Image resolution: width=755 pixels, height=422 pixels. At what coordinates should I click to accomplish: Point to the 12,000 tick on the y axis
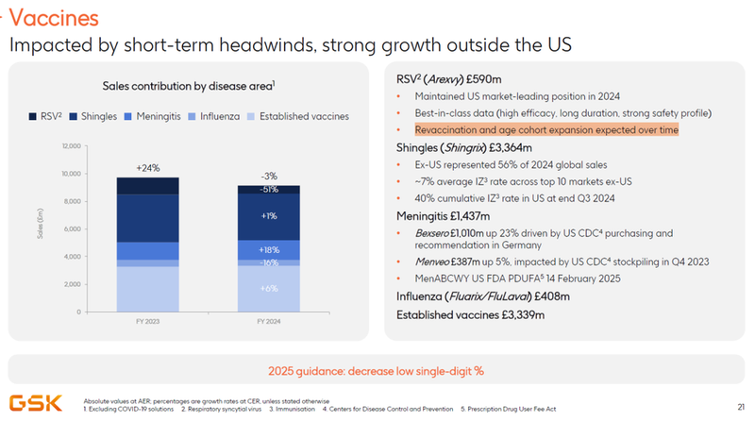pyautogui.click(x=71, y=146)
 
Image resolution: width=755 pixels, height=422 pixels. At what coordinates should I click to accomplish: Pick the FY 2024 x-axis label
pyautogui.click(x=268, y=322)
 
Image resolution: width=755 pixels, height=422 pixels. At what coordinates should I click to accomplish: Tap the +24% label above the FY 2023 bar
pyautogui.click(x=147, y=168)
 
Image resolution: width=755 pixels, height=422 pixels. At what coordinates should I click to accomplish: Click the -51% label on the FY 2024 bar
pyautogui.click(x=269, y=189)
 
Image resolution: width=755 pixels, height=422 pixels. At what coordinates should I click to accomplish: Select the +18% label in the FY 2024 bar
pyautogui.click(x=269, y=249)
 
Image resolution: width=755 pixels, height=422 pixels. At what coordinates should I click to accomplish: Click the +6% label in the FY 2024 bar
pyautogui.click(x=269, y=289)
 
